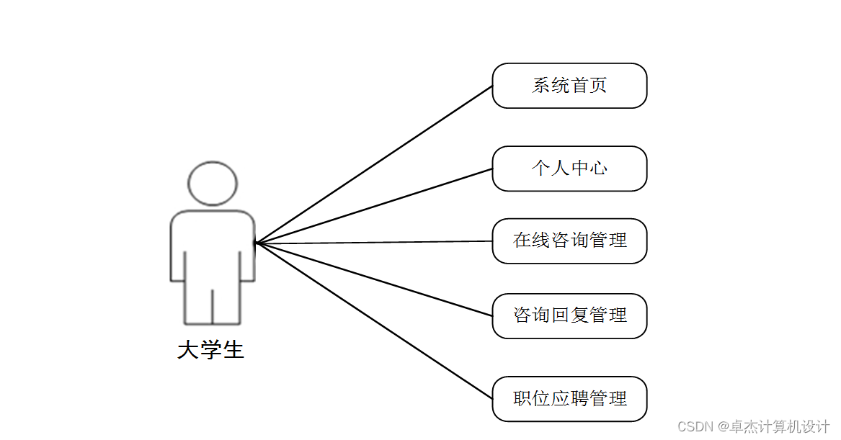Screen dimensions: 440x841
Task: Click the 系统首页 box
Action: [x=569, y=86]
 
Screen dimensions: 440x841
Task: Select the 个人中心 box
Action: [x=569, y=169]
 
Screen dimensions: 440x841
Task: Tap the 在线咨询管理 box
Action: [x=569, y=241]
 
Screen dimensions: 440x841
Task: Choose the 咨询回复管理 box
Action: [x=569, y=315]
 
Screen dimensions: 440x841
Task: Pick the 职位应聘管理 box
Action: [x=569, y=398]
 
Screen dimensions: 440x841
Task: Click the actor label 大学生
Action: [x=210, y=351]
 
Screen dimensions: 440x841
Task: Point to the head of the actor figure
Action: [x=213, y=183]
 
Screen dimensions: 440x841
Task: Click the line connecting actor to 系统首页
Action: [x=375, y=164]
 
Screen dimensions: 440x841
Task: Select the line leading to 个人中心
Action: [x=375, y=206]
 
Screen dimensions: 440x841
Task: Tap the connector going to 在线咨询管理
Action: [x=375, y=243]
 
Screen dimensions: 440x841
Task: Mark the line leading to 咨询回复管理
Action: [x=375, y=279]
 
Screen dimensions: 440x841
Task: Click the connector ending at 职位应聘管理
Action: [x=375, y=321]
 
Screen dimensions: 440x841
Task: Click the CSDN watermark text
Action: [x=754, y=426]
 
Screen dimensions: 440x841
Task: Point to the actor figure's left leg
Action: [x=199, y=302]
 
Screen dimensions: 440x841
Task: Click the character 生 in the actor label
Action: [x=233, y=351]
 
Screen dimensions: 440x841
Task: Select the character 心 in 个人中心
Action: [x=598, y=169]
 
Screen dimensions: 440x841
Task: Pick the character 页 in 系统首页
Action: [x=598, y=86]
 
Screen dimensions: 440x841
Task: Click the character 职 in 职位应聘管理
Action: [x=522, y=398]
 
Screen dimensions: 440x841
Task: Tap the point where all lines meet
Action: [x=257, y=243]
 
